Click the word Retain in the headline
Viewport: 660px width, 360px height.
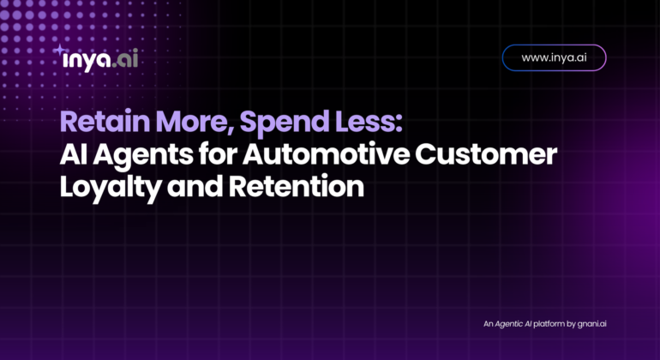[x=105, y=121]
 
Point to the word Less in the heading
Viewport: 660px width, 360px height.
[x=365, y=121]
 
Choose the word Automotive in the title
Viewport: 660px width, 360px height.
[x=326, y=154]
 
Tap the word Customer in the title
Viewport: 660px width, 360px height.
[x=486, y=154]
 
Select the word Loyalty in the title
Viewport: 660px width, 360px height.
[x=111, y=188]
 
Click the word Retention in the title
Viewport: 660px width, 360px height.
[x=297, y=187]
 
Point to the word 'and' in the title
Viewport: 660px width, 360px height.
[x=195, y=187]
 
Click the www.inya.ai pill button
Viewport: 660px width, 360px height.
[x=554, y=57]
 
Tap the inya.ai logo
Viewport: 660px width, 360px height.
[x=96, y=58]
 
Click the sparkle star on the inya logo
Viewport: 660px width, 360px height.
[x=60, y=50]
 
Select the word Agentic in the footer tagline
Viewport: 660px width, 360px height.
[x=509, y=324]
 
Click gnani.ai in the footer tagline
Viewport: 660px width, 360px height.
[x=591, y=324]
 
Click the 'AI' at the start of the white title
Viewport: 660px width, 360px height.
[x=74, y=154]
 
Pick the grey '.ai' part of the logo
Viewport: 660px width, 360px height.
[x=125, y=60]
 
